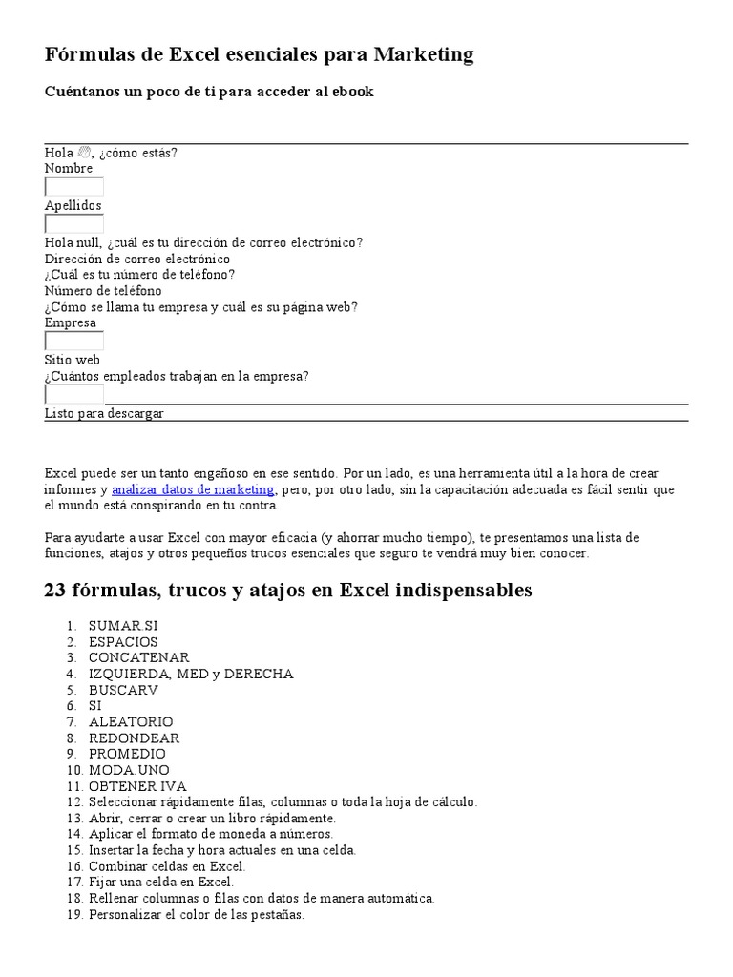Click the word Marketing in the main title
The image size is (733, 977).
423,55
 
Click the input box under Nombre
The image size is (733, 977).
74,187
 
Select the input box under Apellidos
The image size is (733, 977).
74,224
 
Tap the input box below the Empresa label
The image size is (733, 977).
74,342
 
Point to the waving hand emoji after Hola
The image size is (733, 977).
83,153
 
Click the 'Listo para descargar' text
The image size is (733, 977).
104,413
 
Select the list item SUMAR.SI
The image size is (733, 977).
123,626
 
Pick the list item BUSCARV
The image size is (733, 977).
123,690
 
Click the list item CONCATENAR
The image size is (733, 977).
138,657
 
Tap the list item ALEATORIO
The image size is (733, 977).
131,722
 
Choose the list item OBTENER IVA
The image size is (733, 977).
137,786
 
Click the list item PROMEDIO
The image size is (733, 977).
127,754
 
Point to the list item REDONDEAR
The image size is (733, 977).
134,738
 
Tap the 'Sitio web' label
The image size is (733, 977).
73,360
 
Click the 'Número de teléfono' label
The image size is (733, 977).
103,290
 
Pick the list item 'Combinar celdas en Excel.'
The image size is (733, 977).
167,866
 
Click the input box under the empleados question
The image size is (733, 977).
74,394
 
